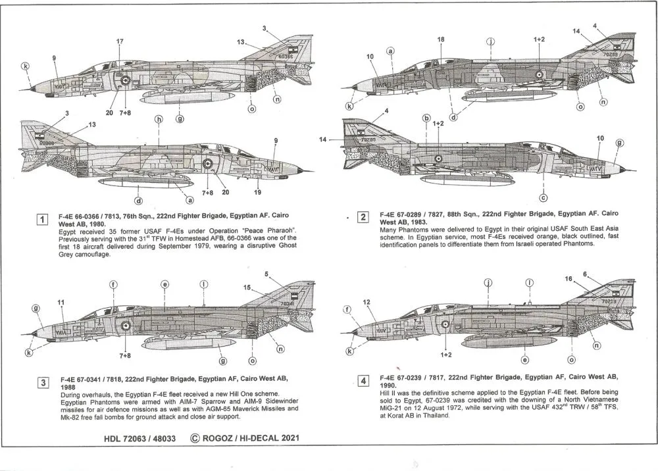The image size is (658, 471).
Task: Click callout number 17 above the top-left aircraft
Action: point(119,42)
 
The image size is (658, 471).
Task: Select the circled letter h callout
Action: point(159,120)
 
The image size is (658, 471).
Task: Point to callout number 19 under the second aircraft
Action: point(257,193)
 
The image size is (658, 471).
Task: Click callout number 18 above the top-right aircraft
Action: point(441,39)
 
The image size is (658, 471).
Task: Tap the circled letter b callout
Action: point(426,119)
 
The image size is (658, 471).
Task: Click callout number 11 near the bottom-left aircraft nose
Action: point(61,302)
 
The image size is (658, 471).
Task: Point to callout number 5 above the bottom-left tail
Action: point(266,274)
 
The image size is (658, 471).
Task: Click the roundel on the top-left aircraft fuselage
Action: point(125,80)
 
